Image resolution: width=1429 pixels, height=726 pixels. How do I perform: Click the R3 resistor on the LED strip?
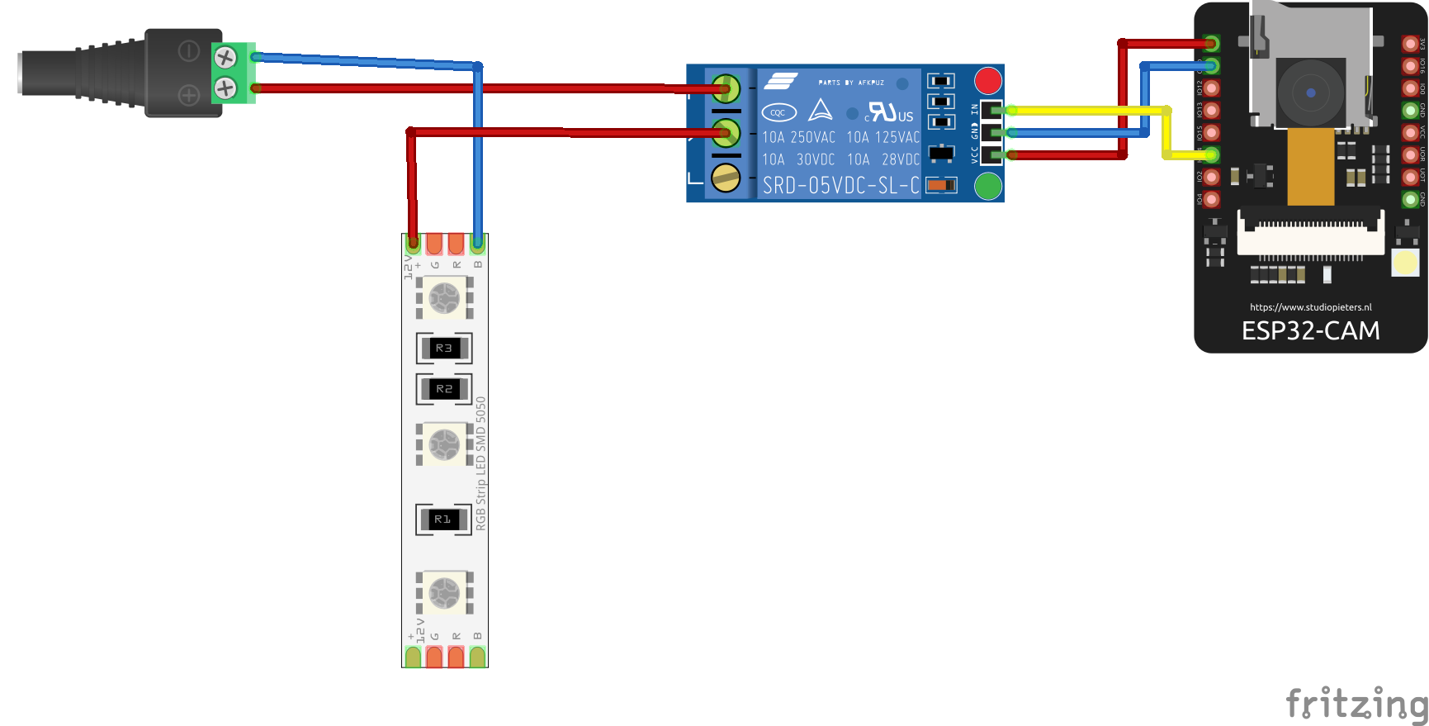pyautogui.click(x=444, y=349)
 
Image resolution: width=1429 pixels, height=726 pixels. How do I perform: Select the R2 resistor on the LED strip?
pyautogui.click(x=444, y=389)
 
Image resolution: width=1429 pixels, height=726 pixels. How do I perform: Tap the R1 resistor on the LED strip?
pyautogui.click(x=443, y=520)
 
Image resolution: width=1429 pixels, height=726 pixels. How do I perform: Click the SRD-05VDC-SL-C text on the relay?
pyautogui.click(x=840, y=186)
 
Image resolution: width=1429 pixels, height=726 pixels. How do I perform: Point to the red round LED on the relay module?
pyautogui.click(x=987, y=81)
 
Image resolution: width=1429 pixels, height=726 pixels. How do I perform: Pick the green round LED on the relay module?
pyautogui.click(x=987, y=187)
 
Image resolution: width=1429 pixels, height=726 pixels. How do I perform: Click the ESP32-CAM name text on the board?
pyautogui.click(x=1310, y=331)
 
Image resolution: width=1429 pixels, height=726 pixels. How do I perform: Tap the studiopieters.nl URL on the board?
pyautogui.click(x=1310, y=307)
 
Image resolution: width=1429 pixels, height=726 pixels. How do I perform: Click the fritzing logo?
pyautogui.click(x=1356, y=704)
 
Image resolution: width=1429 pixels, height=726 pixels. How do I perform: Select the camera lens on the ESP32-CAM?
pyautogui.click(x=1310, y=93)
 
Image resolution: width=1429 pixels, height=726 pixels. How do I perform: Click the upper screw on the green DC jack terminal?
pyautogui.click(x=225, y=58)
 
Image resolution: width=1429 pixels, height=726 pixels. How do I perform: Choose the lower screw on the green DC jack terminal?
pyautogui.click(x=225, y=88)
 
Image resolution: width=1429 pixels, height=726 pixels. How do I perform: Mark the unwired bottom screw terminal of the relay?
pyautogui.click(x=726, y=178)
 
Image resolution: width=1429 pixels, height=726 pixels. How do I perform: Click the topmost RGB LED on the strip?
pyautogui.click(x=444, y=297)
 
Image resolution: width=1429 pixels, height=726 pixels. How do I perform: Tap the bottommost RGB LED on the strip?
pyautogui.click(x=444, y=592)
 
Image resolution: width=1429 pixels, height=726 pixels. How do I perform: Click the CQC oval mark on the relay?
pyautogui.click(x=778, y=112)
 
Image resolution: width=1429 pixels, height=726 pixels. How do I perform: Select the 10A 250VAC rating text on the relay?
pyautogui.click(x=797, y=138)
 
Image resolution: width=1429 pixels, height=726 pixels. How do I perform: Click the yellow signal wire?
pyautogui.click(x=1090, y=110)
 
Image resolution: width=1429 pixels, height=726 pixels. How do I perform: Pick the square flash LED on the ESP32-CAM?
pyautogui.click(x=1405, y=263)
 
